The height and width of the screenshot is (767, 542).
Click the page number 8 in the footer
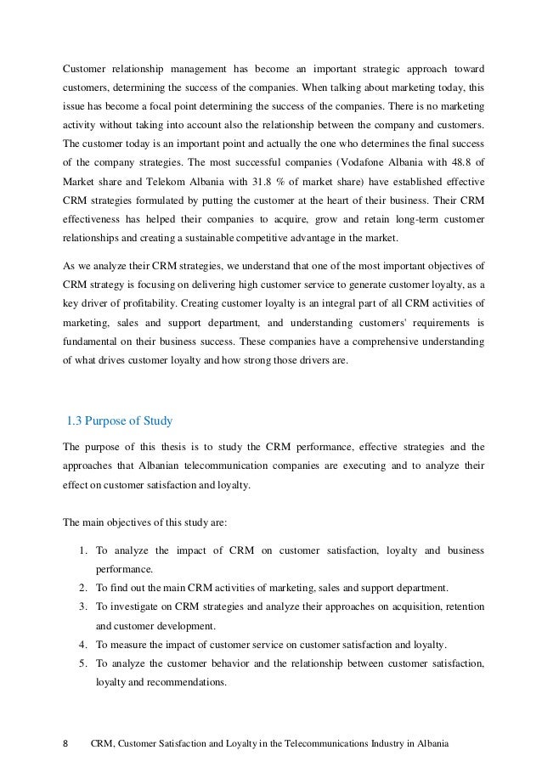[x=67, y=745]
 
